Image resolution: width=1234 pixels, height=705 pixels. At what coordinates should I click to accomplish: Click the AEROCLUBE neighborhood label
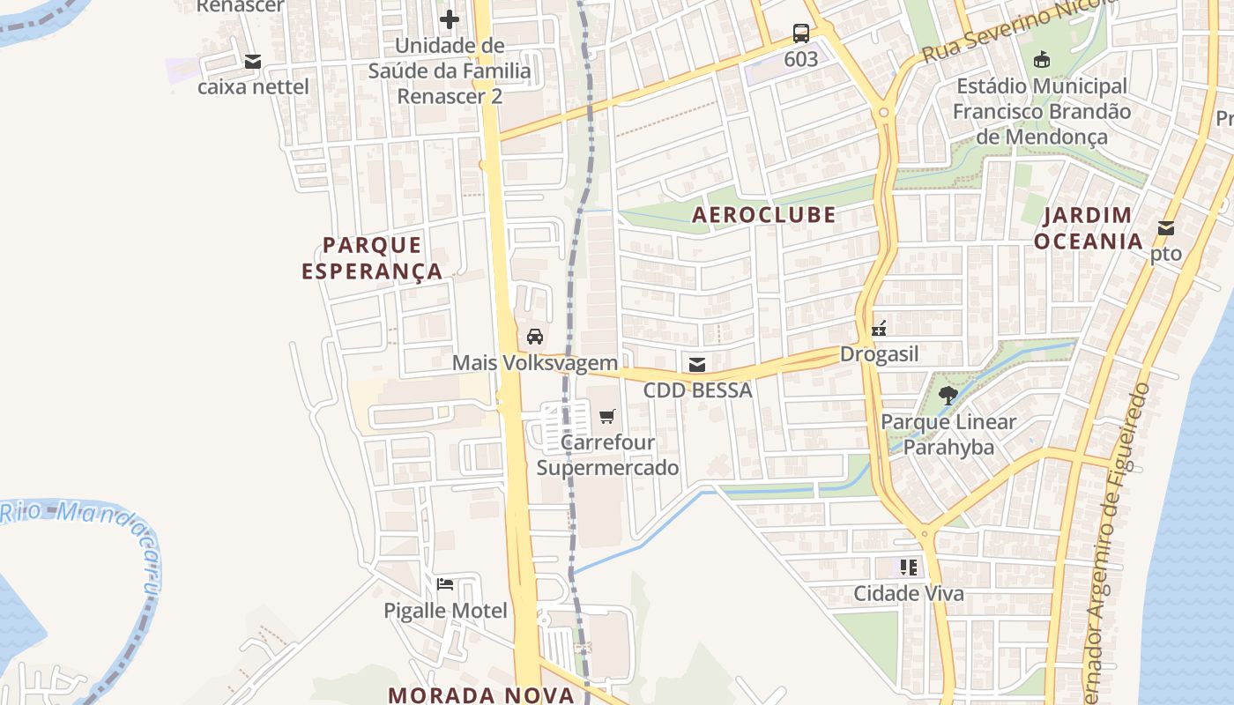pos(763,215)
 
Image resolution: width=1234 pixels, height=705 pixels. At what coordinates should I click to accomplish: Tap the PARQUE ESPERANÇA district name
pos(372,257)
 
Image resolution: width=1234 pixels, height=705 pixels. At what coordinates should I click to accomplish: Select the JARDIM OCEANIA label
pos(1088,228)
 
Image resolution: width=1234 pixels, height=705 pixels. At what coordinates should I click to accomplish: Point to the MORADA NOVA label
pos(481,694)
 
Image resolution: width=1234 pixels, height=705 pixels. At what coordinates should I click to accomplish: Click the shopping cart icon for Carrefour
pos(607,416)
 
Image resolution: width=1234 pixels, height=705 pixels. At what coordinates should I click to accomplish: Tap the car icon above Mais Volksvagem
pos(534,336)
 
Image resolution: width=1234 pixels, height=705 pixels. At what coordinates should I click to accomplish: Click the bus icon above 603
pos(800,33)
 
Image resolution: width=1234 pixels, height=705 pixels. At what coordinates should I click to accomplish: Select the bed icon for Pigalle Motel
pos(445,583)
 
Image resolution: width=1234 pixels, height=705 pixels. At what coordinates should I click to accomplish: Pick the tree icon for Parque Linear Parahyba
pos(948,396)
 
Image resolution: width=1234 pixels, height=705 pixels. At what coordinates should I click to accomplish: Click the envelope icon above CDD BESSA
pos(697,364)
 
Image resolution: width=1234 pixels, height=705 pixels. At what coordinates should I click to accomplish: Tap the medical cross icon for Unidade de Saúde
pos(450,19)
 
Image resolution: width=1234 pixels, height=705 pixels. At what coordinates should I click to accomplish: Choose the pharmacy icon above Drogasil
pos(878,329)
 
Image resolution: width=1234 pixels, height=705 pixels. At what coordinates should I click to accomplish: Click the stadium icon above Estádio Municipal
pos(1042,60)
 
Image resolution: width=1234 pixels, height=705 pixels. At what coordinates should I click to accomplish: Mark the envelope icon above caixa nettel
pos(253,61)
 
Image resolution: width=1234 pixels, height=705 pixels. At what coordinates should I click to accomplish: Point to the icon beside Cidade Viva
pos(909,567)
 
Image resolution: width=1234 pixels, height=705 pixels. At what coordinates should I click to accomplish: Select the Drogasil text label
pos(879,354)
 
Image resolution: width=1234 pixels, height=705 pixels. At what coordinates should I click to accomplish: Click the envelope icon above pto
pos(1166,228)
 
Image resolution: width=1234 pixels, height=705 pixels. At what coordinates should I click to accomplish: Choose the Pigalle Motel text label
pos(445,610)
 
